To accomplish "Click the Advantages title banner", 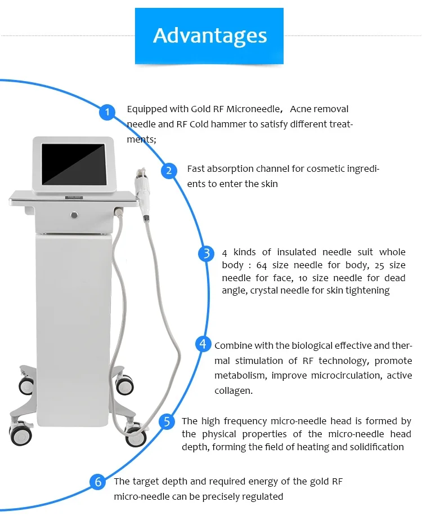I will coord(209,35).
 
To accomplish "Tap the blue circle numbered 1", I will coord(107,113).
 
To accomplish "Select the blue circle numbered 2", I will coord(169,171).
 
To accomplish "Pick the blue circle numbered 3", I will coord(206,254).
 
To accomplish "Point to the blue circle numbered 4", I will coord(204,344).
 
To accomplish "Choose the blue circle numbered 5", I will coord(167,422).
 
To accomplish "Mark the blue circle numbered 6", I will coord(98,482).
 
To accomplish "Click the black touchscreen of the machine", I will coord(74,165).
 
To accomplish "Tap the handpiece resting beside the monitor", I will coord(140,192).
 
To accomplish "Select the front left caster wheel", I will coord(20,434).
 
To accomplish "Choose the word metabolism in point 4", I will coord(239,375).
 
